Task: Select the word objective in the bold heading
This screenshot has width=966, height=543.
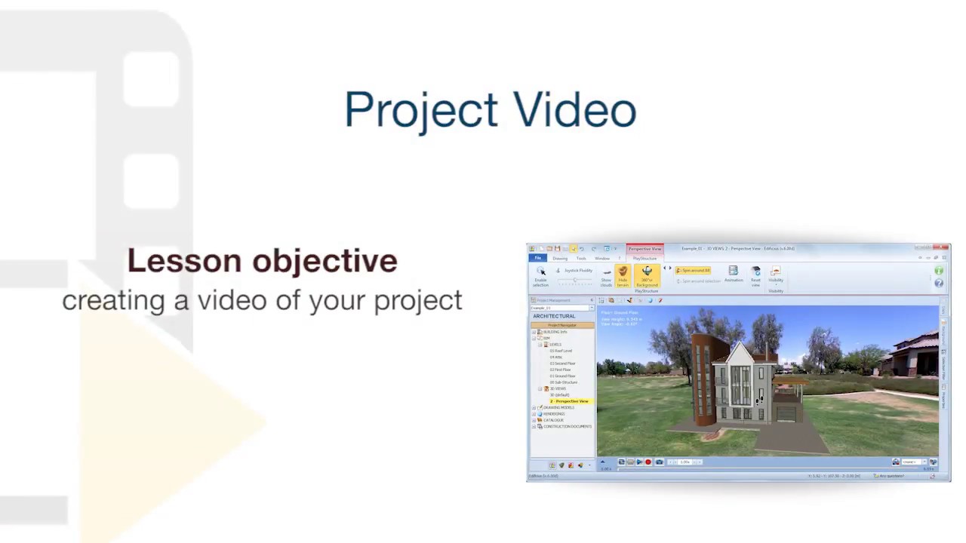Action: (x=325, y=261)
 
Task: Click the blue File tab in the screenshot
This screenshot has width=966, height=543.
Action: (x=538, y=259)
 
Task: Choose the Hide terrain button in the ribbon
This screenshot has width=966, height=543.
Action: (x=623, y=276)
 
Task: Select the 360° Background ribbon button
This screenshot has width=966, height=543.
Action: (x=647, y=276)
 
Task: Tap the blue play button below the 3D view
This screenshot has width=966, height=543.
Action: (x=639, y=462)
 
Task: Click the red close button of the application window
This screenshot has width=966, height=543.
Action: (x=943, y=248)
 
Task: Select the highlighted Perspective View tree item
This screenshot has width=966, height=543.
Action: (x=571, y=401)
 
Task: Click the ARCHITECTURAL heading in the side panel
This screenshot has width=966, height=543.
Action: (x=554, y=316)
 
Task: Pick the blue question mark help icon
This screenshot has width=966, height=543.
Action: (x=939, y=283)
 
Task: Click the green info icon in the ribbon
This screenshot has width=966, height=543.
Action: (x=939, y=271)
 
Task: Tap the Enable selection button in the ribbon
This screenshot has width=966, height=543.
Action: (x=541, y=276)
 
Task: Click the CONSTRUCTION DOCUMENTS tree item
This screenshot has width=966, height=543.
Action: (x=567, y=427)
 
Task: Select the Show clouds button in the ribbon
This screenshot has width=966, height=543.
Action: (x=606, y=277)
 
